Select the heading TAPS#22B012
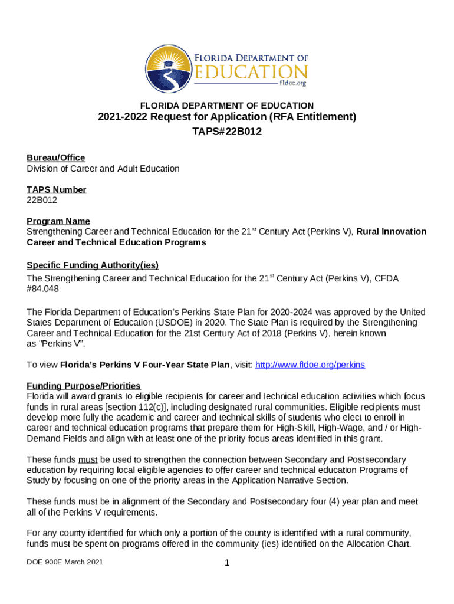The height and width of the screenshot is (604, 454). pyautogui.click(x=226, y=132)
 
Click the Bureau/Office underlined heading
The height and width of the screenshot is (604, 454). pyautogui.click(x=55, y=157)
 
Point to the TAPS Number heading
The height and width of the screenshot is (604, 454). pyautogui.click(x=56, y=189)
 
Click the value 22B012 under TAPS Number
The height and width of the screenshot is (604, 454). pyautogui.click(x=42, y=200)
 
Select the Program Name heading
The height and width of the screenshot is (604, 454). pyautogui.click(x=58, y=221)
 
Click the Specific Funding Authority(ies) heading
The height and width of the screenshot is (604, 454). pyautogui.click(x=93, y=265)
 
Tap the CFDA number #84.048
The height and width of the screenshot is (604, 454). pyautogui.click(x=42, y=289)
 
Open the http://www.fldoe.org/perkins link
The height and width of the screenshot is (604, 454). pyautogui.click(x=310, y=365)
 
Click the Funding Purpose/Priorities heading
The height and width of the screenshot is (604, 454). pyautogui.click(x=83, y=386)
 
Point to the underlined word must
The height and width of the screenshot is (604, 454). pyautogui.click(x=88, y=459)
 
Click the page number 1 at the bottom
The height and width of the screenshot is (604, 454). pyautogui.click(x=226, y=563)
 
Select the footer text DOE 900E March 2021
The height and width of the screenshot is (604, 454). pyautogui.click(x=65, y=562)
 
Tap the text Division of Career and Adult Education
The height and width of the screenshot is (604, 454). pyautogui.click(x=103, y=169)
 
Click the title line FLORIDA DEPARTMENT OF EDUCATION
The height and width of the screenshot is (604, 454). pyautogui.click(x=226, y=105)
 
